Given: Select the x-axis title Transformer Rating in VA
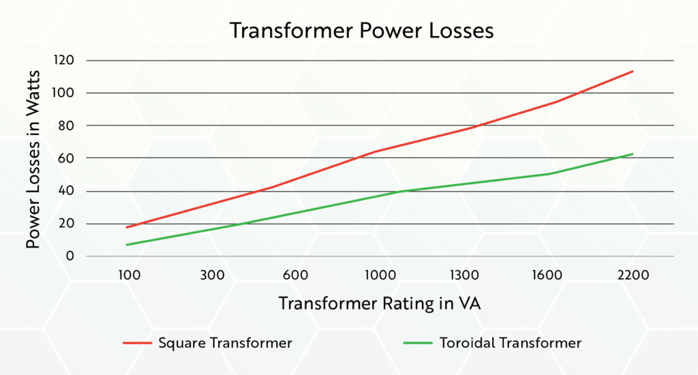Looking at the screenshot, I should click(380, 304).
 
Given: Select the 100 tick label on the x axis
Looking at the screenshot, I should click(128, 275).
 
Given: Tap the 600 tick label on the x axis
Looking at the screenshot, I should click(296, 275).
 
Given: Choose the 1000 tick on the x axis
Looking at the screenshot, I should click(380, 275).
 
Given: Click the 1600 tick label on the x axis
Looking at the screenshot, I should click(548, 275).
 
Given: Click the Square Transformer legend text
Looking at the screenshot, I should click(225, 343).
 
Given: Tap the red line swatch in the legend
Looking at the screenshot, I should click(136, 343).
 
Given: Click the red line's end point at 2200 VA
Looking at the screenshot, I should click(633, 71).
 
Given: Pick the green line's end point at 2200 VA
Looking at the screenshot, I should click(633, 154).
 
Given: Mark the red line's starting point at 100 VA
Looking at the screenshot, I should click(127, 227).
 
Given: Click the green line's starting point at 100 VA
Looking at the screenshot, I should click(127, 245).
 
